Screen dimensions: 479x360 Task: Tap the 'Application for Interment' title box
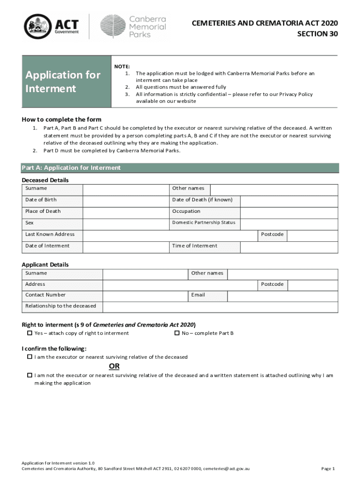tap(65, 81)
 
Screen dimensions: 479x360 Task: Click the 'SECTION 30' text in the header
tap(317, 35)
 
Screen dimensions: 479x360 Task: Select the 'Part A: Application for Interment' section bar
tap(180, 168)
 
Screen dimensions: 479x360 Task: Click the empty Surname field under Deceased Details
tap(125, 189)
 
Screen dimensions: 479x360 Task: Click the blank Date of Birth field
tap(125, 201)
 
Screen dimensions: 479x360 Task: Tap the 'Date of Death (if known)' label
tap(202, 200)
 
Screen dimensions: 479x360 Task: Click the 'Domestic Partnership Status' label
tap(203, 223)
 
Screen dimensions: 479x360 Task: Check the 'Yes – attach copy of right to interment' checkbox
tap(29, 333)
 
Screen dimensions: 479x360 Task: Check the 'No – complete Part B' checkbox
tap(177, 333)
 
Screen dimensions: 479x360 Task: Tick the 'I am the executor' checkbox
tap(29, 357)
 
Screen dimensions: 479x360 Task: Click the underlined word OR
tap(114, 366)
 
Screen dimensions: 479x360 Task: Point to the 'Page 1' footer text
tap(328, 469)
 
